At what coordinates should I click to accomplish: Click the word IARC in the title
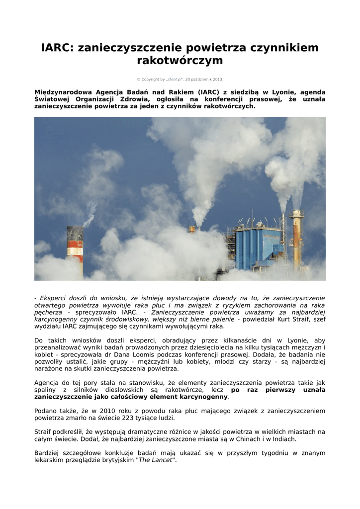coord(57,48)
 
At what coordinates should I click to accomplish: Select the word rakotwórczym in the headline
coord(180,61)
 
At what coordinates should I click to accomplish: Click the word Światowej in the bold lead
coord(53,99)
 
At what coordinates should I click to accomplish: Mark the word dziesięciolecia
coord(236,347)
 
